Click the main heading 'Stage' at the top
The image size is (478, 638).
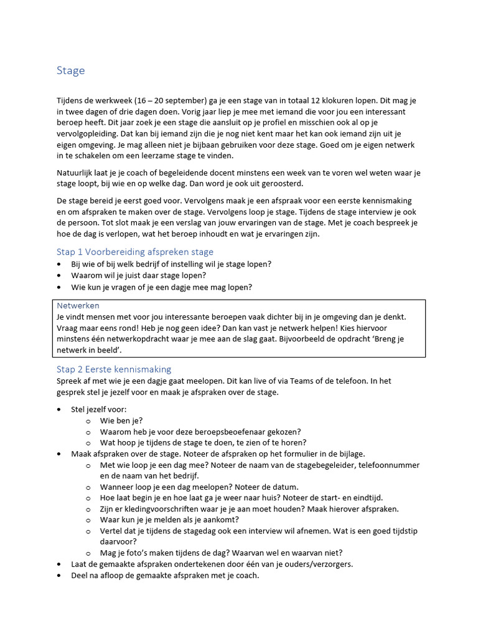coord(70,70)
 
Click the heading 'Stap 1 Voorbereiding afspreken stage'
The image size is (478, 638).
coord(134,252)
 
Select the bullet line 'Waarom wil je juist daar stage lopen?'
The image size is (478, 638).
coord(138,275)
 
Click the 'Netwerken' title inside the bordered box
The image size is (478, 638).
coord(78,305)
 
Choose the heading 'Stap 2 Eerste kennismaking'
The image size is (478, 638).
coord(113,369)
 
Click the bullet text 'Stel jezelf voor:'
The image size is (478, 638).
coord(99,409)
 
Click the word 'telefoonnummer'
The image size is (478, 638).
coord(388,465)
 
